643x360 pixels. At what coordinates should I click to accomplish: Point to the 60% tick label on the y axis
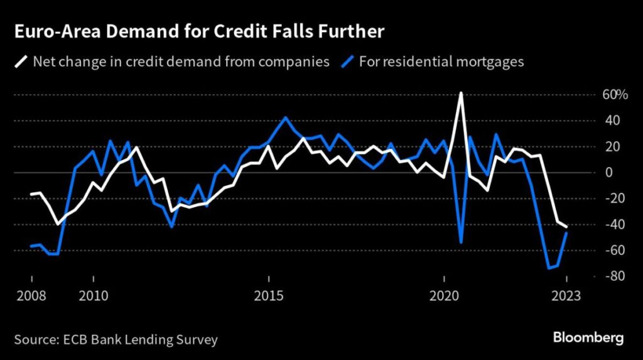tap(615, 95)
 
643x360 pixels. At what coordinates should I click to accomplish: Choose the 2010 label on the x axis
tap(93, 295)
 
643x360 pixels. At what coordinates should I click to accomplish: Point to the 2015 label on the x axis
tap(269, 295)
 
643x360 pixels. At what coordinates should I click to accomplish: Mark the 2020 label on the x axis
tap(444, 295)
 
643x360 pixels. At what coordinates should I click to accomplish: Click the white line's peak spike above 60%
tap(462, 93)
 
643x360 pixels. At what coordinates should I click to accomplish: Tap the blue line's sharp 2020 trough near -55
tap(462, 243)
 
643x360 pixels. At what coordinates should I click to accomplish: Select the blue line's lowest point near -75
tap(549, 268)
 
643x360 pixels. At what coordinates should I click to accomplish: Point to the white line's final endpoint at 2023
tap(566, 226)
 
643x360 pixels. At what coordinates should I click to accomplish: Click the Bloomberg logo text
tap(588, 338)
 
